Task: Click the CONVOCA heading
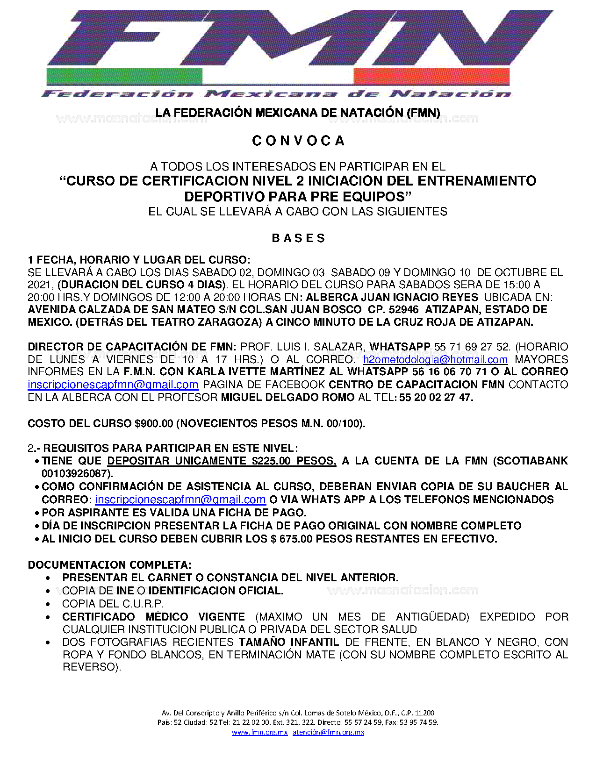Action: click(298, 141)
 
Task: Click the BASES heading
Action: click(298, 238)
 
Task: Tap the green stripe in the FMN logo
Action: click(124, 76)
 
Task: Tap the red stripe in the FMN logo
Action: click(431, 76)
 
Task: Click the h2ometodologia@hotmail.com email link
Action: click(435, 359)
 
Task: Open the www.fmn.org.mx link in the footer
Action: click(259, 732)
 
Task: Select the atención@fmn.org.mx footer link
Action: click(328, 732)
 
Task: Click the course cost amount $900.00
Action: click(154, 423)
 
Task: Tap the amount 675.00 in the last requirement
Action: click(296, 539)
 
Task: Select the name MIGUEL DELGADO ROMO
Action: click(287, 397)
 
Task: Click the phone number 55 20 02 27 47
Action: click(436, 397)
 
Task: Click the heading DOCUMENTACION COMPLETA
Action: click(109, 564)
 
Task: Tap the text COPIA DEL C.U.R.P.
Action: click(113, 604)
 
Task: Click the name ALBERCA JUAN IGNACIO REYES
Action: click(392, 297)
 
